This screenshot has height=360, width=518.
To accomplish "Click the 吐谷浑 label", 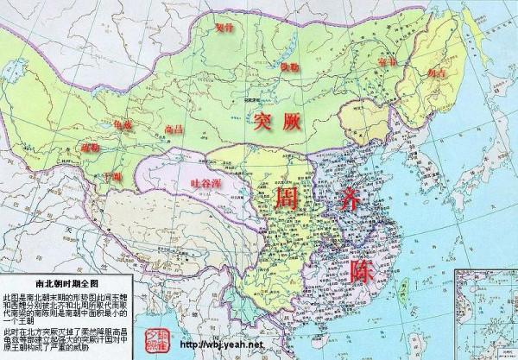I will [x=210, y=184].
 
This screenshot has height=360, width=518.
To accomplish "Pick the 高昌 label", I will [x=174, y=129].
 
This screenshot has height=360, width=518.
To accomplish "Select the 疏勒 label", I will [x=91, y=148].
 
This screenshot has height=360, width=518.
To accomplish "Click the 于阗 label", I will [x=112, y=177].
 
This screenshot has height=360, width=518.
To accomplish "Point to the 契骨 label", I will [x=224, y=28].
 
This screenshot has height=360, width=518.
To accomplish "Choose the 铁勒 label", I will [x=291, y=66].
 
